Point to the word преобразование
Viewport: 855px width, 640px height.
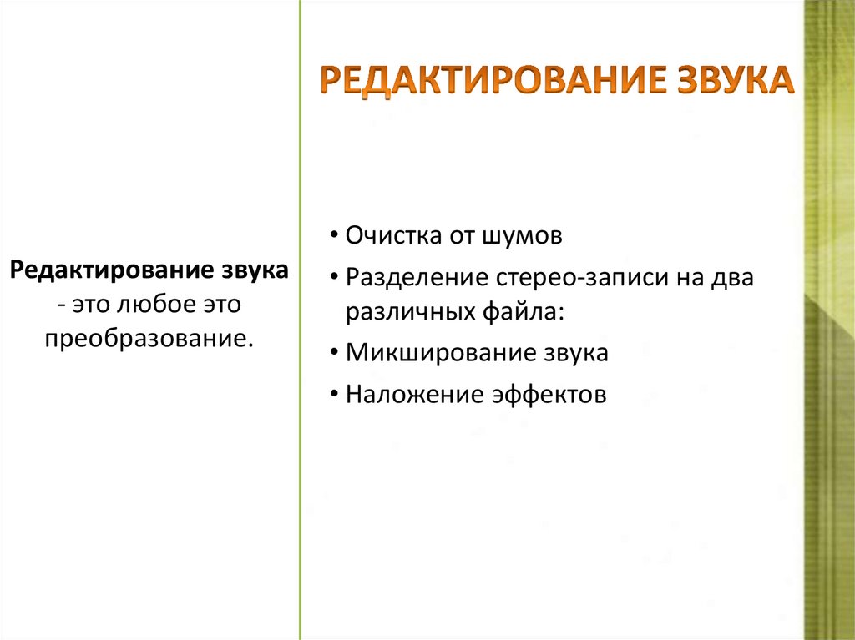(x=149, y=340)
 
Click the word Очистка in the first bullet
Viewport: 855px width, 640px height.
(x=392, y=236)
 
